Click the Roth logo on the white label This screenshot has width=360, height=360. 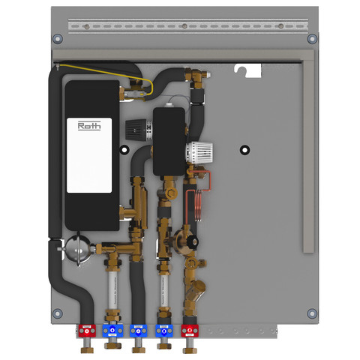(x=89, y=126)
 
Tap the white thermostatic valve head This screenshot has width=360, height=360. (x=199, y=152)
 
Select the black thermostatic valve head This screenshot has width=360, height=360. (x=138, y=130)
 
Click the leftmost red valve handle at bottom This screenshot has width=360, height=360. (x=87, y=331)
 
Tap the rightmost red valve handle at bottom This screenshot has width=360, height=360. (x=190, y=331)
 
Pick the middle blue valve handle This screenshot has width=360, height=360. (x=138, y=331)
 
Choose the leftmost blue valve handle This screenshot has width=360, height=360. (x=112, y=331)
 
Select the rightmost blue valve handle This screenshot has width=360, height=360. (x=163, y=331)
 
